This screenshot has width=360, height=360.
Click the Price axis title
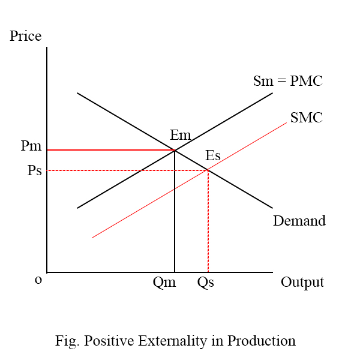[x=26, y=36]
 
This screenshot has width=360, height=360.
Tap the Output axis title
[x=302, y=282]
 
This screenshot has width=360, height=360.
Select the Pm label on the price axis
[x=31, y=146]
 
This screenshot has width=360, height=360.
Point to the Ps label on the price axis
[x=34, y=170]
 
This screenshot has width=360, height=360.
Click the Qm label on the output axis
[x=164, y=283]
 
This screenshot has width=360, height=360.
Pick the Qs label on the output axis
[x=205, y=283]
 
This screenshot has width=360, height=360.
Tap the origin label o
[x=38, y=280]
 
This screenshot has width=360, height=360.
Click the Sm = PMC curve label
[x=288, y=81]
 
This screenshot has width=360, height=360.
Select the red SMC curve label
[x=306, y=118]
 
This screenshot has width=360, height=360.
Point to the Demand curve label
[x=299, y=221]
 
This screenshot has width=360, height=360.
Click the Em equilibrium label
[x=180, y=136]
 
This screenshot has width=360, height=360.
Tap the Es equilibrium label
[x=213, y=156]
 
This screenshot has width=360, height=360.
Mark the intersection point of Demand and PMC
[x=175, y=150]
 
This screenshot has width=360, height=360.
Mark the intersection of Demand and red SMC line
[x=208, y=170]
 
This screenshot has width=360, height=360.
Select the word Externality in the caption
[x=170, y=341]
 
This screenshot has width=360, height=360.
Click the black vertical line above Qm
[x=175, y=216]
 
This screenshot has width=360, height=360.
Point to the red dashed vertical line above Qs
[x=208, y=222]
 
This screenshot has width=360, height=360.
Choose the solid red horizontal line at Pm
[x=108, y=150]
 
